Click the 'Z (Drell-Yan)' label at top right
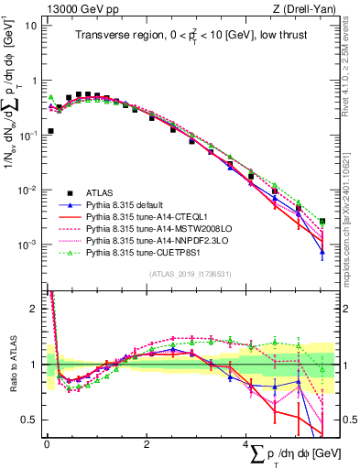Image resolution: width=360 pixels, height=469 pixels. tap(308, 8)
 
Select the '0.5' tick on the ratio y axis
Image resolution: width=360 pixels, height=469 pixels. tap(31, 420)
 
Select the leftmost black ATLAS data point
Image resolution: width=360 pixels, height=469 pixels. tap(50, 131)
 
